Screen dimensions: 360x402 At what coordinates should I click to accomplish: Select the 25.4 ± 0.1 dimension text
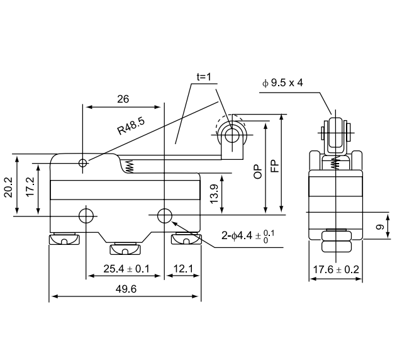[x=126, y=269]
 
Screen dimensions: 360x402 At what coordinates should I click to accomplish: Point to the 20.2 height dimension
[x=8, y=186]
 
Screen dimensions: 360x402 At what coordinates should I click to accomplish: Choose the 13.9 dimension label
[x=215, y=194]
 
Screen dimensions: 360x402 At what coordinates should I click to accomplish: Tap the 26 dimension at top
[x=123, y=99]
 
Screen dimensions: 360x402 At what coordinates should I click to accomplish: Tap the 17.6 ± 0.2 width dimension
[x=337, y=270]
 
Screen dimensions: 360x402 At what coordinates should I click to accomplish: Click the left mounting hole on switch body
[x=86, y=216]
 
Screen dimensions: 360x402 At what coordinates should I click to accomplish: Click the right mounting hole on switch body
[x=164, y=216]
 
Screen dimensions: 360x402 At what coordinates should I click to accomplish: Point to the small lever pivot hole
[x=83, y=164]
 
